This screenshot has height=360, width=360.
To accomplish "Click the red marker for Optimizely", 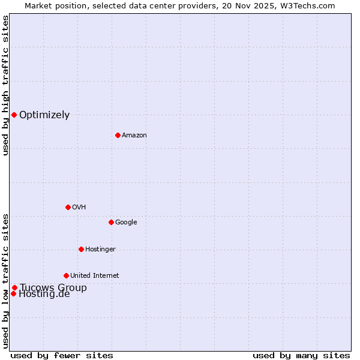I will (14, 115).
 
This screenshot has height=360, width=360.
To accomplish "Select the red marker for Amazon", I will (118, 135).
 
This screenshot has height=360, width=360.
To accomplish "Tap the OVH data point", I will (68, 207).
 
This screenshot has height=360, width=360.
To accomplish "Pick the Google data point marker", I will (111, 222).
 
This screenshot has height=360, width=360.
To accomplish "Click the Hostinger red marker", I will (81, 249).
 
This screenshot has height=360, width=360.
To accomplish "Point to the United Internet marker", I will (66, 275).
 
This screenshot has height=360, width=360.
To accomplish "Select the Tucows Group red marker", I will (14, 287).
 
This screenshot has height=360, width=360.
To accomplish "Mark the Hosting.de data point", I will (13, 293).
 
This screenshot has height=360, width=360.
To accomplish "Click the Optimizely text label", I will (44, 115).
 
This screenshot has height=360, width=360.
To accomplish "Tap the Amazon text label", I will (134, 135).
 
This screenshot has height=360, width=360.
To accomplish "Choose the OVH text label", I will (79, 207).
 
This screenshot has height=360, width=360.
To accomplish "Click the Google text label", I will (126, 222).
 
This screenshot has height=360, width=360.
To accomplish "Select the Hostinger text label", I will (100, 249).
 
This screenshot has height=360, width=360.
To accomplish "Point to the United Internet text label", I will (95, 275).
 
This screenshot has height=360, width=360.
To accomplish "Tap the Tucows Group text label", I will (53, 287).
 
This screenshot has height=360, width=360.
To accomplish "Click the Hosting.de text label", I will (44, 294).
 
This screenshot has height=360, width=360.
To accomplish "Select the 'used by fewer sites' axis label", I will (62, 355).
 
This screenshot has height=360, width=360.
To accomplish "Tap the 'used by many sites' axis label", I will (301, 355).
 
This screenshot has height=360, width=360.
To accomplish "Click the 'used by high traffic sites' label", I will (5, 85).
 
